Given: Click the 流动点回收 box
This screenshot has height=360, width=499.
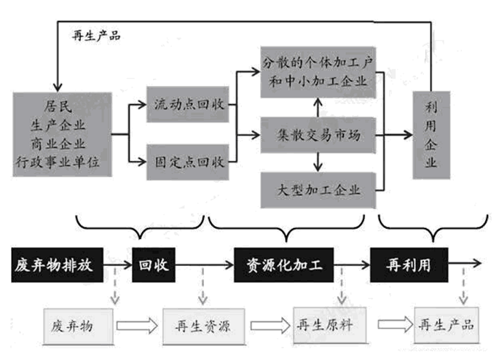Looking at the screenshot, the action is click(187, 104).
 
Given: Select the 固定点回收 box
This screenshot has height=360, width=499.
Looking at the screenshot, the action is click(187, 162).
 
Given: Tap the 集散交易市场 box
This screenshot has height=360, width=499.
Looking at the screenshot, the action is click(318, 136).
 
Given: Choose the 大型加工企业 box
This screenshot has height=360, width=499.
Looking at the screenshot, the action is click(318, 190).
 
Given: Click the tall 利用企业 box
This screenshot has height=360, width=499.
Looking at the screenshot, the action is click(431, 135).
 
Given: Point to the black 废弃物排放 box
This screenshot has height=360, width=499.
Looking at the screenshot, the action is click(58, 265).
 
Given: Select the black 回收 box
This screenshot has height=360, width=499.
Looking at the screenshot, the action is click(154, 265).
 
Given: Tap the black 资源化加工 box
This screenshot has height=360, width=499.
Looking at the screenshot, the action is click(284, 265).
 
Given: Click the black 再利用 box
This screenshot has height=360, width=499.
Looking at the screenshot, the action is click(409, 265).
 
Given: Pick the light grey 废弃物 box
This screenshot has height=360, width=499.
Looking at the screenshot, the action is click(78, 326).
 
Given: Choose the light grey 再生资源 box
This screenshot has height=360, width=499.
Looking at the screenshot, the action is click(204, 326).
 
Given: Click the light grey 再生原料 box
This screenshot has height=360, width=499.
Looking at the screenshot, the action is click(330, 325).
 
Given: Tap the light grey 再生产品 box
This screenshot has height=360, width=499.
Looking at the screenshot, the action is click(447, 325).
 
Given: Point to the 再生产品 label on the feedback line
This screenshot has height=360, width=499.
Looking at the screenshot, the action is click(96, 35).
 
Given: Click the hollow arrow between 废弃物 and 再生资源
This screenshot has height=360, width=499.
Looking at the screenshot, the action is click(137, 326).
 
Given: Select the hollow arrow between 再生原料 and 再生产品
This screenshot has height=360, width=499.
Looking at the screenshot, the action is click(396, 324).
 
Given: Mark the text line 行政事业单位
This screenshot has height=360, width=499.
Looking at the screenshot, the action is click(58, 163).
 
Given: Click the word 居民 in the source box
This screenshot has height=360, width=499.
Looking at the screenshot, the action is click(58, 106).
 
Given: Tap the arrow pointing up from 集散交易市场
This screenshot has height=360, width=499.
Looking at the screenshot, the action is click(318, 107).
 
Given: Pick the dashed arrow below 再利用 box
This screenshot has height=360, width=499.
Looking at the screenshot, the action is click(463, 286).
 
